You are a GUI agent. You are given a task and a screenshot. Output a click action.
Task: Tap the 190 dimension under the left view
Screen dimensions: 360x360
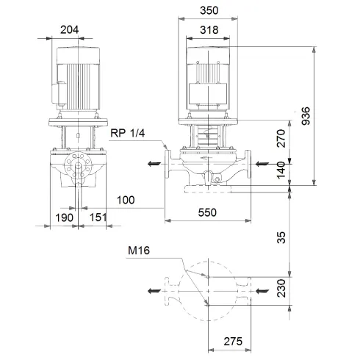[x=65, y=217]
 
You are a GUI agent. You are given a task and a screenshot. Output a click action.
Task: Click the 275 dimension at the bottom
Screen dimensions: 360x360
[x=233, y=343]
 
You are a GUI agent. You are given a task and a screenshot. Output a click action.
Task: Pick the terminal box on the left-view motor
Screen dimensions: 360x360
[x=53, y=92]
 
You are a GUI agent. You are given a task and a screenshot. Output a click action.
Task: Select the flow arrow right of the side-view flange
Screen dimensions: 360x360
[x=262, y=164]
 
